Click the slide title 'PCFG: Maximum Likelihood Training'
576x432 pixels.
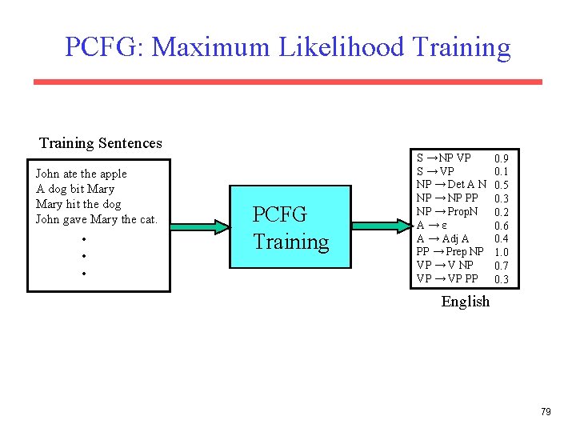287,47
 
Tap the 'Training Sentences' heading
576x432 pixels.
101,143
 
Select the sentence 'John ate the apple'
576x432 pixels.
82,174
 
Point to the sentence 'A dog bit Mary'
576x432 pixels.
75,189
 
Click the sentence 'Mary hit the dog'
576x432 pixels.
78,204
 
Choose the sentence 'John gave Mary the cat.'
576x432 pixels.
97,219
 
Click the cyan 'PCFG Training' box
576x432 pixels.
291,228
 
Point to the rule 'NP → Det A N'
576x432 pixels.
451,185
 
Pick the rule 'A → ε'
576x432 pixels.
432,226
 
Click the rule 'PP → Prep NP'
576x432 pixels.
451,252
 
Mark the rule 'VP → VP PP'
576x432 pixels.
447,278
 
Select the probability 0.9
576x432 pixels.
502,158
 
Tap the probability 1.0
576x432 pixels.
502,252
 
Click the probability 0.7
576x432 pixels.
502,266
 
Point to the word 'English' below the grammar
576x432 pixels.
465,302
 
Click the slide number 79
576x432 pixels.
546,412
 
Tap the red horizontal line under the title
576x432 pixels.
287,82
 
